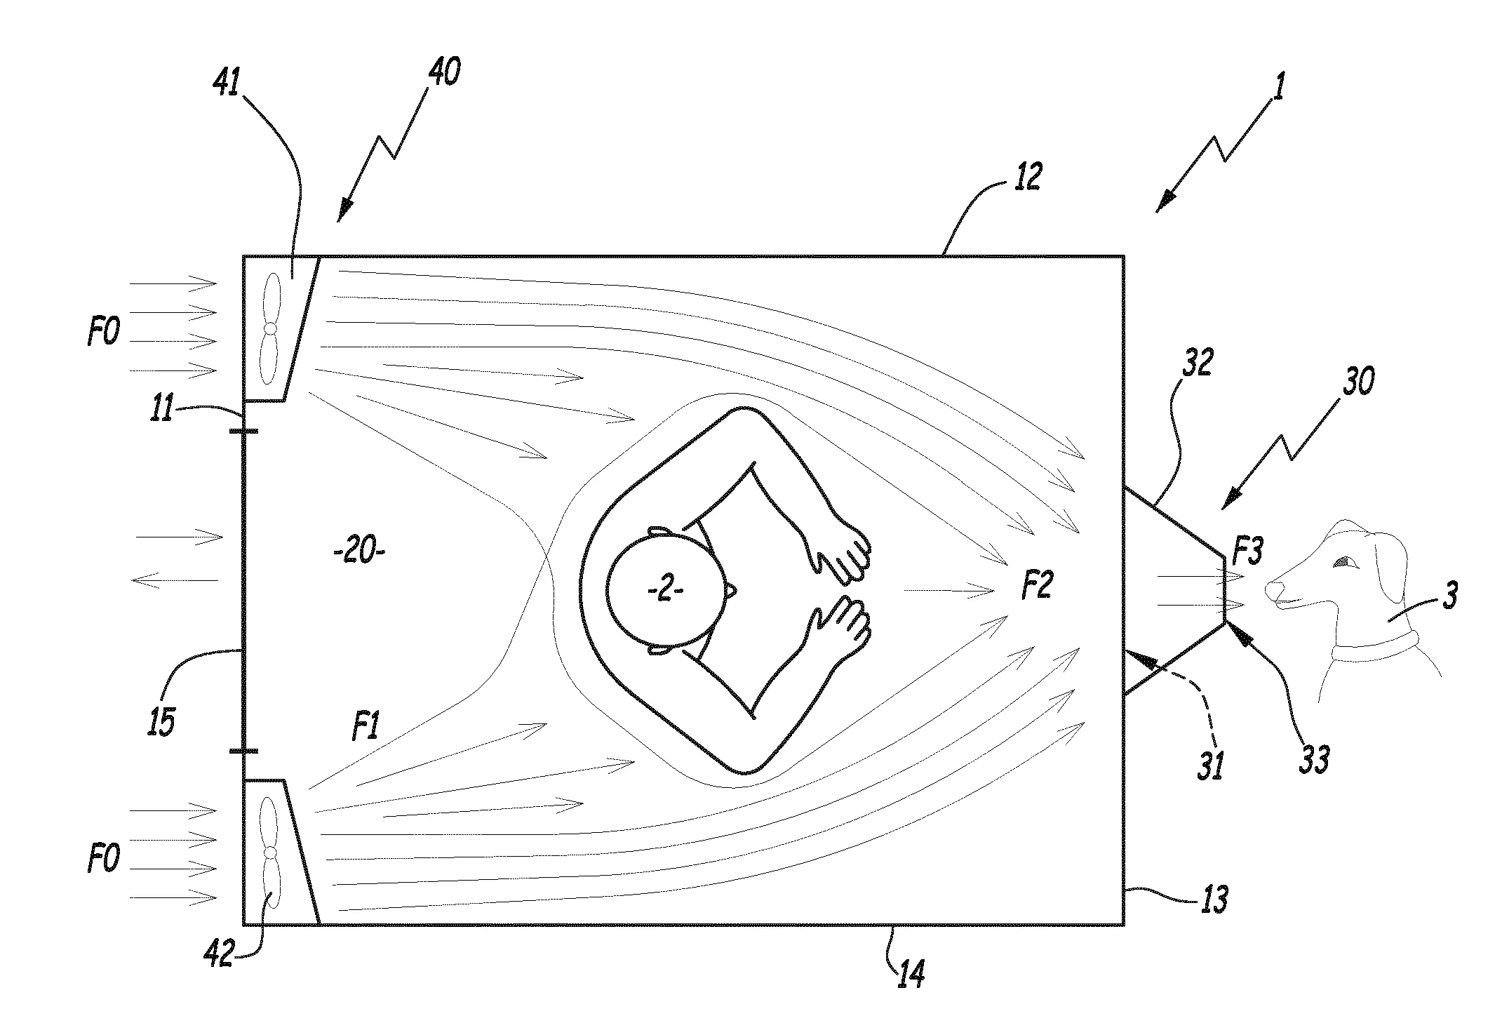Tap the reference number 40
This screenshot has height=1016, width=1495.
(443, 72)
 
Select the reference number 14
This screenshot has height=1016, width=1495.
(909, 972)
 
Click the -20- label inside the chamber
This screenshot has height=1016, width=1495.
(359, 552)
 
